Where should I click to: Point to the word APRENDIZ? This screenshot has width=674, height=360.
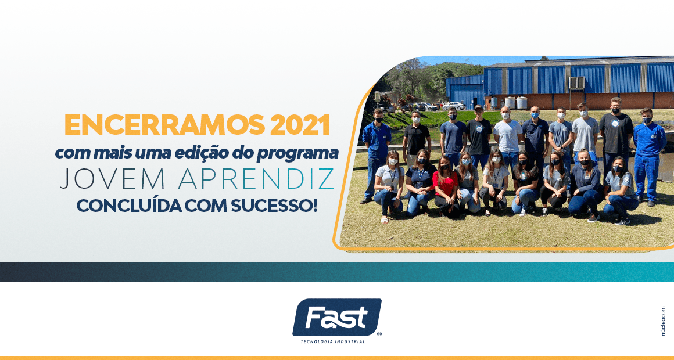click(x=257, y=179)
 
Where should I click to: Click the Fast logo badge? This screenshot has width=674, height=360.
click(x=336, y=318)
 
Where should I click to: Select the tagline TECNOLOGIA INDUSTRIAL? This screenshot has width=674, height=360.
click(x=333, y=342)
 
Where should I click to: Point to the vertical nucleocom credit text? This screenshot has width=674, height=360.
click(x=664, y=321)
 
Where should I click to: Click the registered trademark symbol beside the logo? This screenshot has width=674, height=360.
click(x=379, y=333)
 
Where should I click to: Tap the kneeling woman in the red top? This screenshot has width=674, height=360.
click(x=445, y=188)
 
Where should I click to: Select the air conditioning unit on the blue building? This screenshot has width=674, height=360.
click(x=576, y=82)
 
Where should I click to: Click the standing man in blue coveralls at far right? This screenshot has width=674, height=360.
click(x=648, y=154)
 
